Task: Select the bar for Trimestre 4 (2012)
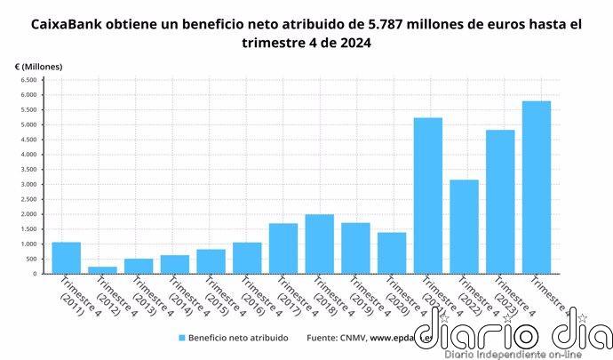click(x=102, y=270)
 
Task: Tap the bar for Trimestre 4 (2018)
click(x=320, y=244)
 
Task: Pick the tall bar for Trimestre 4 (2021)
click(x=428, y=196)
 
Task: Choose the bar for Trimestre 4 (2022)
click(x=464, y=227)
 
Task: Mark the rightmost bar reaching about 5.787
click(x=537, y=188)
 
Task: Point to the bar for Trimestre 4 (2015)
click(x=211, y=261)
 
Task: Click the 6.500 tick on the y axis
click(x=27, y=80)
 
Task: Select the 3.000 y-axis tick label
click(x=27, y=184)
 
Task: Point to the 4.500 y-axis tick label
click(x=27, y=140)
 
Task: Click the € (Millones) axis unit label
click(x=38, y=67)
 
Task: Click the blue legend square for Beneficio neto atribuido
click(x=182, y=338)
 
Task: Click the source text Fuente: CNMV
click(x=336, y=338)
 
